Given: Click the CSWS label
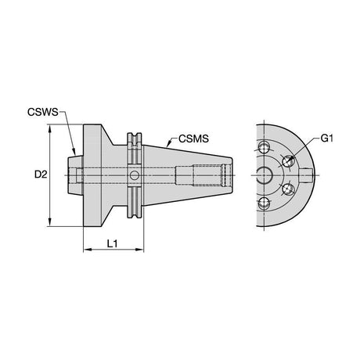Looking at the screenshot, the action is click(43, 112).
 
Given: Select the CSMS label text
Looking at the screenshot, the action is click(193, 139).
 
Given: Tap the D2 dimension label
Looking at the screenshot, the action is click(41, 175).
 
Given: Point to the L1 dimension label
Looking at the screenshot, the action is click(113, 243).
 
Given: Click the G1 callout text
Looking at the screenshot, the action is click(327, 139).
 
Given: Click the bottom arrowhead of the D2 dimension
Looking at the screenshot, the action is click(49, 222).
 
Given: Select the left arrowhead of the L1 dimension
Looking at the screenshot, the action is click(88, 250).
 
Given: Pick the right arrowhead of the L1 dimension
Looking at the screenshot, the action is click(139, 250).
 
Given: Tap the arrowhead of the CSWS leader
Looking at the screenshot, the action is click(74, 152).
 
